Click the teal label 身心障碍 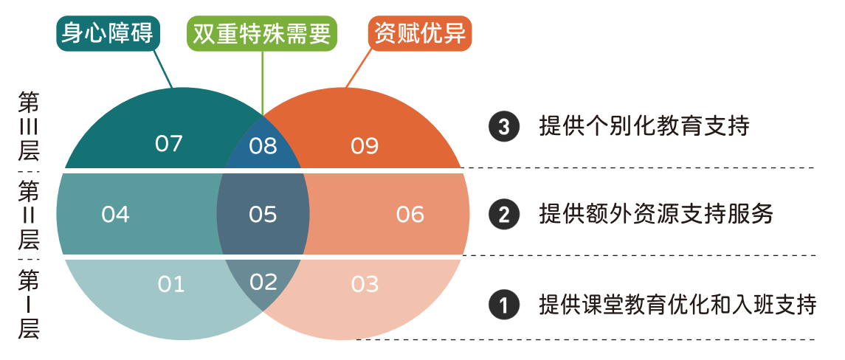point(108,33)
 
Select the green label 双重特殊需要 point(262,34)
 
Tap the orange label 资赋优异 point(420,33)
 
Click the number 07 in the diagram point(169,144)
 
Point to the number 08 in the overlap point(263,146)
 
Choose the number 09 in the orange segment point(365,146)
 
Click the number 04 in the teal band point(115,215)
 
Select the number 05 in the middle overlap point(263,215)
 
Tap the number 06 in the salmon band point(410,215)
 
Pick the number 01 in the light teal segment point(170,284)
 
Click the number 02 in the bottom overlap point(263,282)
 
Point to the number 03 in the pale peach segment point(365,284)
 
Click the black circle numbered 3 point(504,127)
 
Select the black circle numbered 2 point(504,215)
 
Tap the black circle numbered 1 point(504,305)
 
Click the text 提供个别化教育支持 point(644,127)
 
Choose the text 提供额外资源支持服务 point(656,214)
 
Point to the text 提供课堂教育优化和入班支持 point(678,305)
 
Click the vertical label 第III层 point(28,126)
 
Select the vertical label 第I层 point(28,305)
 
